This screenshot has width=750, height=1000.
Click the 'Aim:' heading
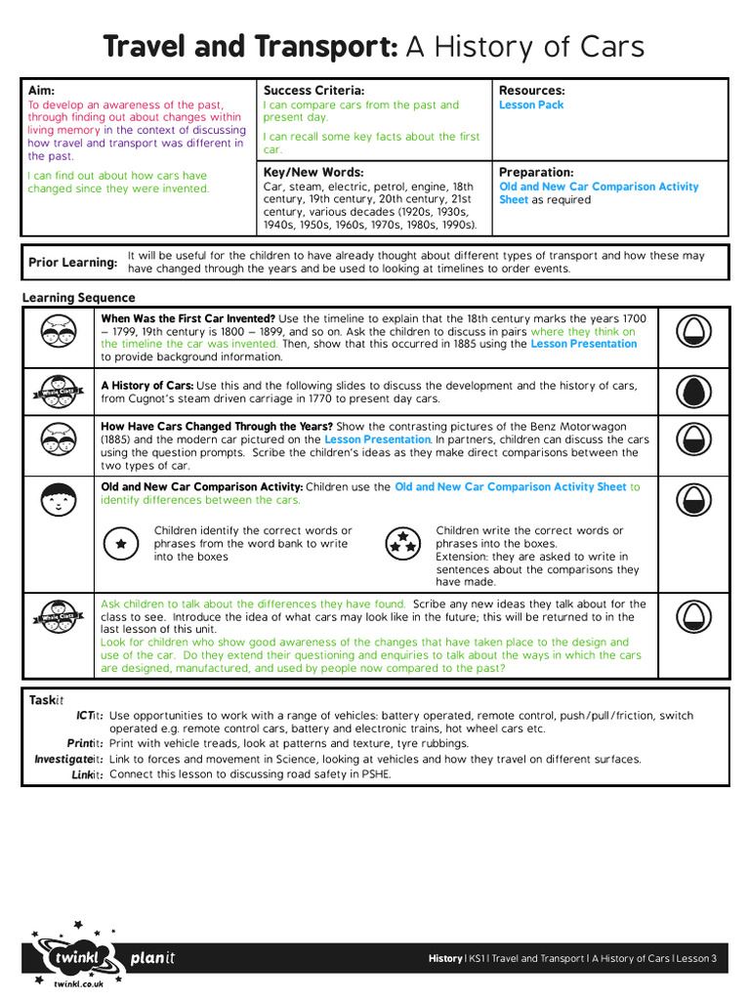pyautogui.click(x=41, y=91)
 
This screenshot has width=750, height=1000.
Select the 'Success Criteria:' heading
pyautogui.click(x=313, y=91)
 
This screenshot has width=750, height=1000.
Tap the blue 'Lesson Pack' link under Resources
pyautogui.click(x=531, y=105)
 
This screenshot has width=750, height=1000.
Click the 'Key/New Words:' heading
pyautogui.click(x=312, y=172)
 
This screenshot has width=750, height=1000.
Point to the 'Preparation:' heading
pyautogui.click(x=536, y=172)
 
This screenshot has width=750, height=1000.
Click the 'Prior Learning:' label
pyautogui.click(x=72, y=263)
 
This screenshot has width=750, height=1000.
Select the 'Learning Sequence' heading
pyautogui.click(x=79, y=298)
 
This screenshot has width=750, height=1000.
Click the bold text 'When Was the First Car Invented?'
pyautogui.click(x=187, y=318)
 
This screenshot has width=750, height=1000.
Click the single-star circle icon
pyautogui.click(x=120, y=544)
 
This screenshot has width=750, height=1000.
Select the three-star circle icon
pyautogui.click(x=401, y=544)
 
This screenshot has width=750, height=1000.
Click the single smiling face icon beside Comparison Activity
pyautogui.click(x=59, y=499)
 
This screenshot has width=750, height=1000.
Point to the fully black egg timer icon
pyautogui.click(x=693, y=391)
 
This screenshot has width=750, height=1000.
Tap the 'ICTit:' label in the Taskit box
pyautogui.click(x=89, y=716)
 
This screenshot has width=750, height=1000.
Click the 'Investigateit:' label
pyautogui.click(x=69, y=759)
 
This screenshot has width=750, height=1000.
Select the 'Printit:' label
pyautogui.click(x=86, y=744)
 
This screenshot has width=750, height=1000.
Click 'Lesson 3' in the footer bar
pyautogui.click(x=696, y=958)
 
